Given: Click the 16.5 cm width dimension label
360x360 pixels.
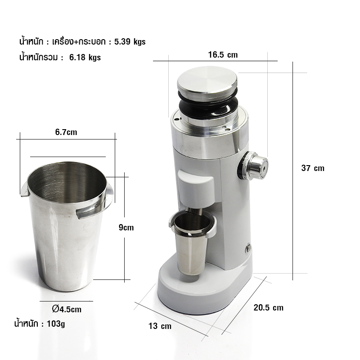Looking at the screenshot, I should click(x=222, y=55).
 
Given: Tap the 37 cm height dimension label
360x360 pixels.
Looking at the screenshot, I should click(x=312, y=168).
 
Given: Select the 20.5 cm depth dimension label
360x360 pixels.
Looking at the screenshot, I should click(x=268, y=308).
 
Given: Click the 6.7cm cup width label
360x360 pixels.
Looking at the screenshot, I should click(x=66, y=132).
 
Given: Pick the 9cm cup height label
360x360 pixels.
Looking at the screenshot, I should click(x=126, y=227).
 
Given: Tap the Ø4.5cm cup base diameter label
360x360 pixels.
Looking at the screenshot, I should click(x=67, y=309).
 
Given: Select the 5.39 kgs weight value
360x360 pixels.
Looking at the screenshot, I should click(x=130, y=42).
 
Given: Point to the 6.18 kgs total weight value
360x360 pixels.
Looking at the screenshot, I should click(x=85, y=57).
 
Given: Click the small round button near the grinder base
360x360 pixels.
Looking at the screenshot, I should click(x=247, y=247).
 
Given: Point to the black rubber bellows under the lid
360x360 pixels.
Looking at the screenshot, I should click(x=208, y=106).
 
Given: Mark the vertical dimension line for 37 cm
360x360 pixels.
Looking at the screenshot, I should click(x=293, y=171).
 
